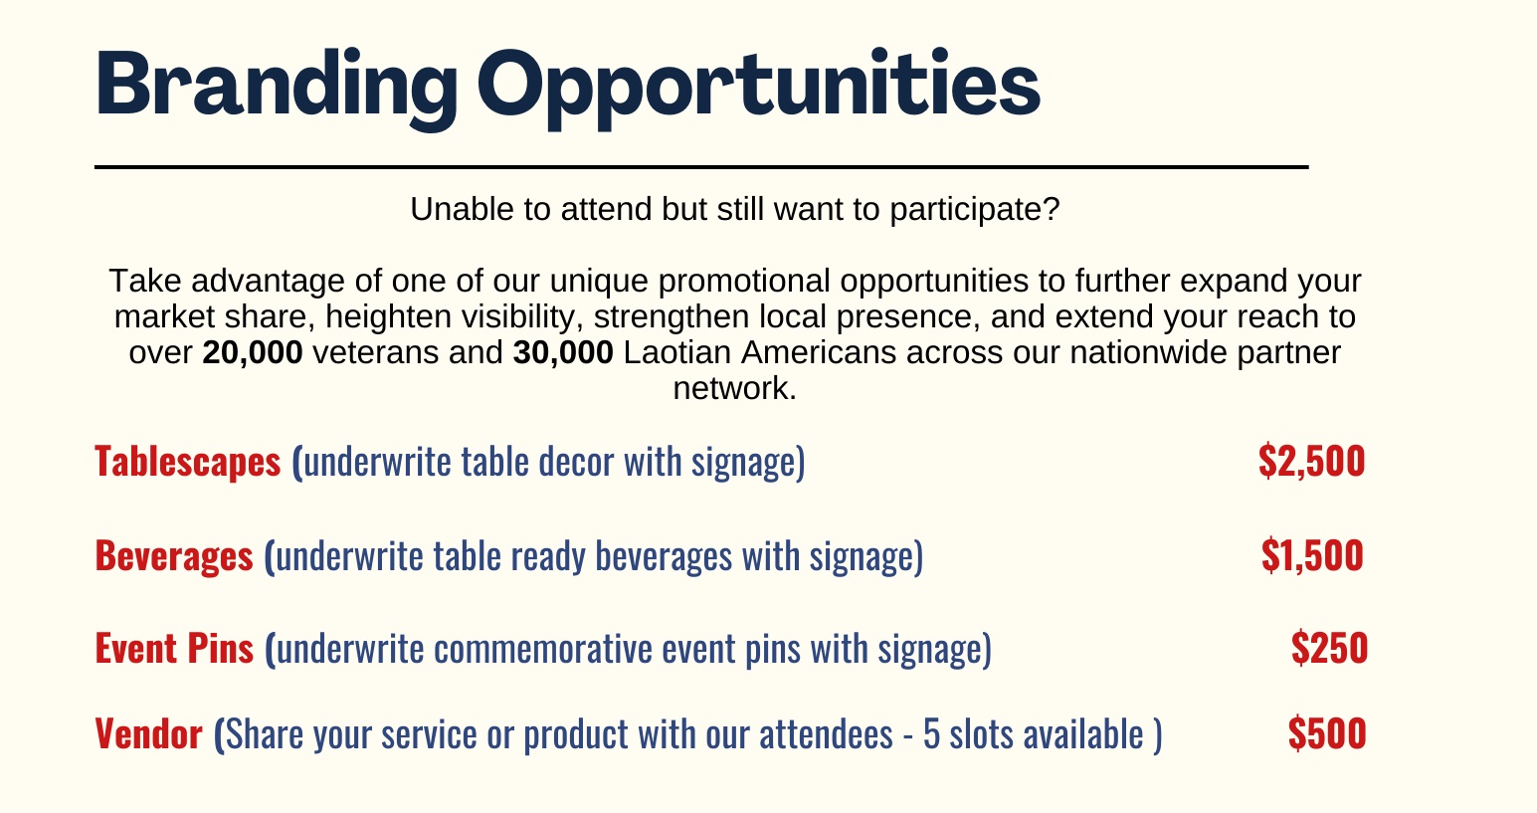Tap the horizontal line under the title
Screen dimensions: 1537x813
[701, 167]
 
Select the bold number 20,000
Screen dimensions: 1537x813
[253, 352]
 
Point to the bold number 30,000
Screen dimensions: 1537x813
[563, 352]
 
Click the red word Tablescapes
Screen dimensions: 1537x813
[188, 461]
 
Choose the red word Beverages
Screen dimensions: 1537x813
[174, 555]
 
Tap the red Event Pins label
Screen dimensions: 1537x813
[174, 648]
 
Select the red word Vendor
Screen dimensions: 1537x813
[149, 733]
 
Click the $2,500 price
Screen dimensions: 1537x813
[1312, 461]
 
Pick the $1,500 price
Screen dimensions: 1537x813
[1312, 555]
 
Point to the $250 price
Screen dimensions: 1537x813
[1329, 648]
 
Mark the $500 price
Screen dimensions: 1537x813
[1327, 733]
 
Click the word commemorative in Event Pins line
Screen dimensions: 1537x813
[543, 649]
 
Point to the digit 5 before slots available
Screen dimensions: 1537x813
[931, 734]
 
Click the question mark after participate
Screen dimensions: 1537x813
[1052, 209]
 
